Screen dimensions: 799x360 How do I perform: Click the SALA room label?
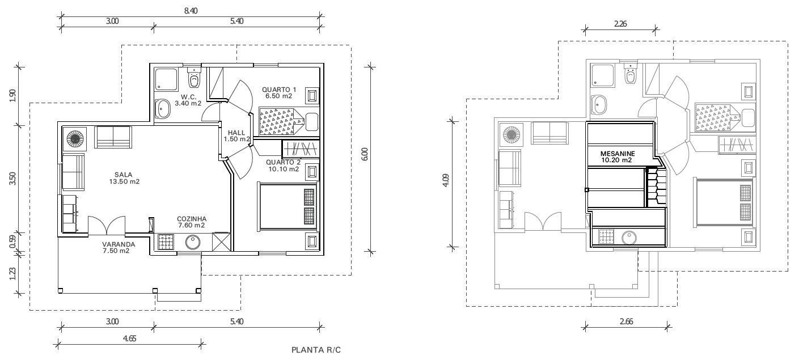tap(124, 175)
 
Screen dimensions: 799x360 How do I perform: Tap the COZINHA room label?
tap(192, 219)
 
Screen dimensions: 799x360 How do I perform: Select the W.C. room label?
tap(188, 97)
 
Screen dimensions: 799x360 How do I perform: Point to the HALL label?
tap(236, 133)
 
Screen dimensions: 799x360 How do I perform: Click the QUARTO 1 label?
tap(279, 90)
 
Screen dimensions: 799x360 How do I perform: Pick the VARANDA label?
tap(119, 244)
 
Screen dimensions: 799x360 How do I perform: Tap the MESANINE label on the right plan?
tap(618, 154)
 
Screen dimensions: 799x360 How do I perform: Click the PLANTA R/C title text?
tap(316, 350)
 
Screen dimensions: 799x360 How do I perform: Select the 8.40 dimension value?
tap(191, 11)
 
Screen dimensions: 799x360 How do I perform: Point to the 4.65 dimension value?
tap(129, 338)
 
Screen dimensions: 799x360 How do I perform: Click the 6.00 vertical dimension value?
tap(364, 154)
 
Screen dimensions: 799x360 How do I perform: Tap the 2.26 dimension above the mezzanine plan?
tap(620, 24)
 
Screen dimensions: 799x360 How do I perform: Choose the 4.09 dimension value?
tap(446, 180)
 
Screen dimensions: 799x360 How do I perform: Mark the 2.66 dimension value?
tap(626, 321)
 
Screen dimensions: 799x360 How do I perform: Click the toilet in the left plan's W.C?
tap(194, 78)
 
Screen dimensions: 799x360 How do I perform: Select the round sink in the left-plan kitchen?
tap(193, 242)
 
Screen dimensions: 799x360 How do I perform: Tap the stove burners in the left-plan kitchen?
tap(166, 242)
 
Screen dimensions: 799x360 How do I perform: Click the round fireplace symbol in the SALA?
tap(75, 139)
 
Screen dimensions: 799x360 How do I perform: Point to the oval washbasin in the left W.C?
tap(163, 108)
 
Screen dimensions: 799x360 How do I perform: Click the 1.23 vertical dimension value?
tap(12, 274)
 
